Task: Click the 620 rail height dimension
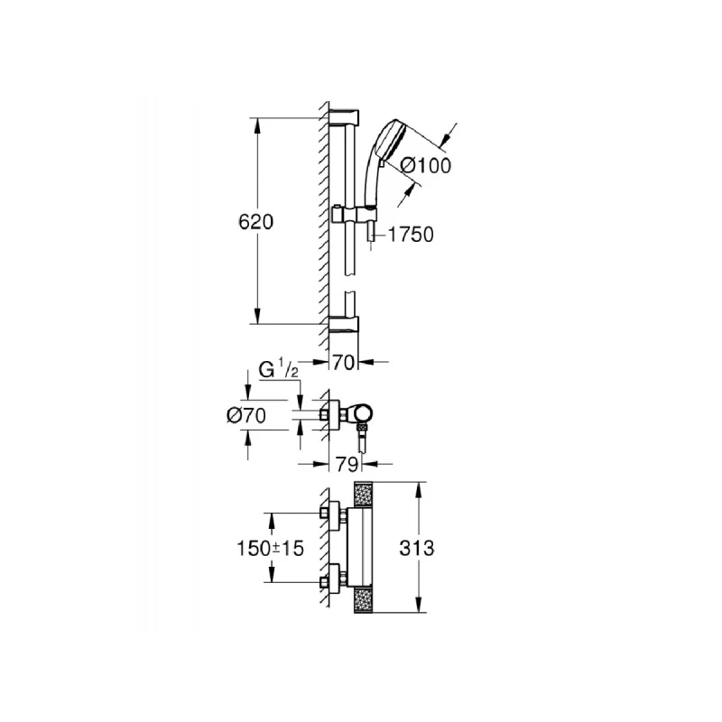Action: (256, 221)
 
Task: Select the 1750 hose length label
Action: (412, 235)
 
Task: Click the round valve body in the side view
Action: (360, 414)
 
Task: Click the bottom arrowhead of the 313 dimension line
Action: (419, 611)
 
